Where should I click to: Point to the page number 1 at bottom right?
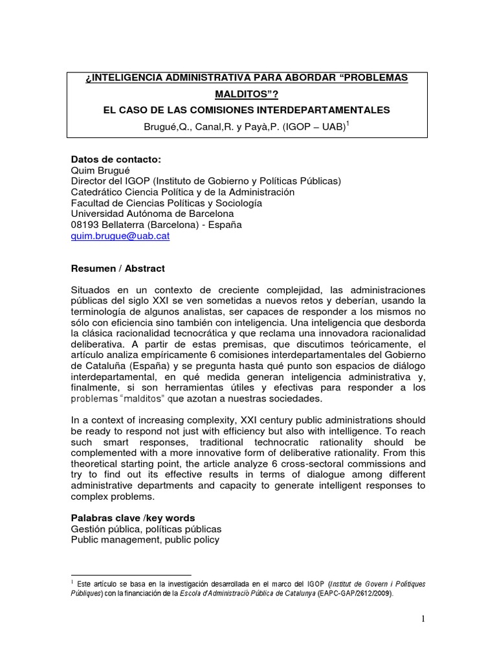[423, 619]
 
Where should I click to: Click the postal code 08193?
[85, 225]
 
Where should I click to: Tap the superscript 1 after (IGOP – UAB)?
[348, 122]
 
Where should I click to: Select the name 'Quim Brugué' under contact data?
[97, 170]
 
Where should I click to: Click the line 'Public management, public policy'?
[145, 539]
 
